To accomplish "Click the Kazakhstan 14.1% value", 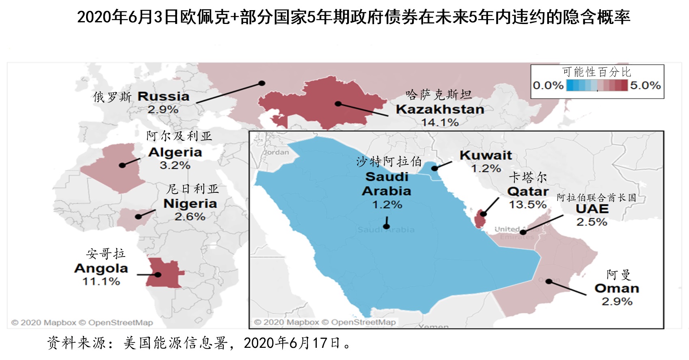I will tap(440, 122).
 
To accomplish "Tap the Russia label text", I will tap(163, 97).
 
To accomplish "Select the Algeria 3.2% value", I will tap(175, 165).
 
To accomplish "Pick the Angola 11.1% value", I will tap(101, 281).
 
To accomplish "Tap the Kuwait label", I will tap(486, 155).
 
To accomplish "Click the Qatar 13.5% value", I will tap(527, 205).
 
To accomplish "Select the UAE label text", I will tap(592, 209).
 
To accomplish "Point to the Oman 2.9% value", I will tap(617, 302).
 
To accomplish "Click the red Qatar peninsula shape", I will tap(480, 220).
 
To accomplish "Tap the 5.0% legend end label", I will tap(645, 85).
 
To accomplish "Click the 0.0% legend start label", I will tap(548, 86).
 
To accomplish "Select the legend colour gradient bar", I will tap(597, 85).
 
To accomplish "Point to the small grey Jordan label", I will tap(276, 152).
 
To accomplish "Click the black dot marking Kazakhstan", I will tap(338, 104).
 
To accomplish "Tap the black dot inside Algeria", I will tap(122, 165).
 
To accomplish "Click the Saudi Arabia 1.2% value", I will tap(387, 205).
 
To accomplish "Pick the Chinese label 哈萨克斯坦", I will tap(438, 95).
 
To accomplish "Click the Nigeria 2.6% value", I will tap(190, 217).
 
